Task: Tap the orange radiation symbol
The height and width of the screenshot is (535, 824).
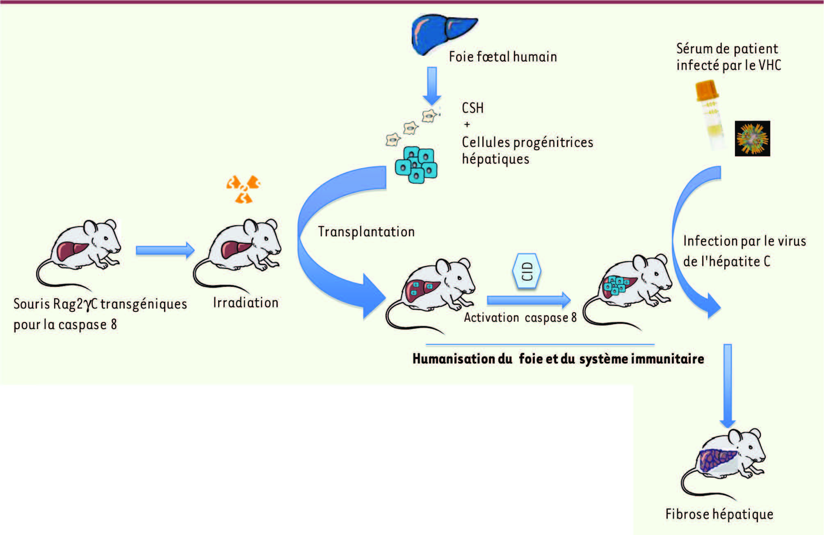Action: click(243, 189)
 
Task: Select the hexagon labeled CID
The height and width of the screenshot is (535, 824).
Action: click(527, 271)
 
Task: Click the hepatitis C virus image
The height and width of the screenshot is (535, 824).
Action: click(752, 139)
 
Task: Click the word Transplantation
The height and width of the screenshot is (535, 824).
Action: click(366, 232)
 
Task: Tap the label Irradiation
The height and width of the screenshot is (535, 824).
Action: click(245, 303)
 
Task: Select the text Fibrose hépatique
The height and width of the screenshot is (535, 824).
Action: click(719, 514)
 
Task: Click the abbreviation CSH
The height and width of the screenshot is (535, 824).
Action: click(472, 108)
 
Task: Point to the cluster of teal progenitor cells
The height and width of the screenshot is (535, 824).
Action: click(416, 164)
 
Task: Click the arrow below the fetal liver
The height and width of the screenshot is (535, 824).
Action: click(432, 85)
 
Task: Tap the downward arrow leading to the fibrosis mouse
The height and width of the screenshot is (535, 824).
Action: click(728, 386)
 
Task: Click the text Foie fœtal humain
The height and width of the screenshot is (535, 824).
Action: click(503, 57)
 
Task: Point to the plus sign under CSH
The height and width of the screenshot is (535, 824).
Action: click(467, 124)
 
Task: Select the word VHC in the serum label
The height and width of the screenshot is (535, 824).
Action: click(769, 65)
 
